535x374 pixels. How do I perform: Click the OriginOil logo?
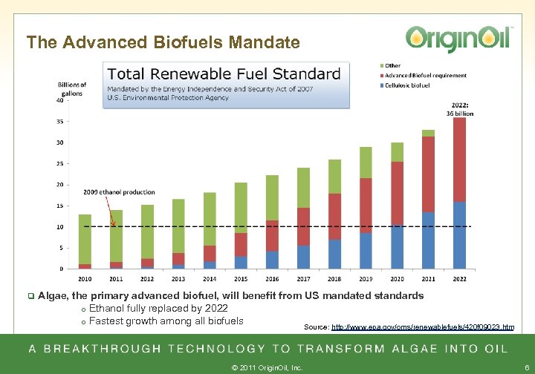pos(458,38)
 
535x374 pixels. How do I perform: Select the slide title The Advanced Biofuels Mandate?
pos(163,42)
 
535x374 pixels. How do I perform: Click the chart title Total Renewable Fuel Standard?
pos(224,74)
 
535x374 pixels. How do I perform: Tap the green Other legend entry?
pos(394,65)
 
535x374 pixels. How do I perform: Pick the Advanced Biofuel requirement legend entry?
pos(426,75)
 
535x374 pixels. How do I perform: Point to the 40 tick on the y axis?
pos(59,100)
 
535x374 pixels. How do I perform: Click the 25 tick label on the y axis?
pos(59,163)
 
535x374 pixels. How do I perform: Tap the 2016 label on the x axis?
pos(272,278)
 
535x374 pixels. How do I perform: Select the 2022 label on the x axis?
pos(460,278)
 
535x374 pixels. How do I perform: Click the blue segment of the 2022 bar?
pos(460,234)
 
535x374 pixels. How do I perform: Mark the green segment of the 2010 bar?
pos(85,239)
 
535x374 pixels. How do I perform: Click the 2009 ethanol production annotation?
pos(119,192)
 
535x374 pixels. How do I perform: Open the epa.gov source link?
pos(422,327)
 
